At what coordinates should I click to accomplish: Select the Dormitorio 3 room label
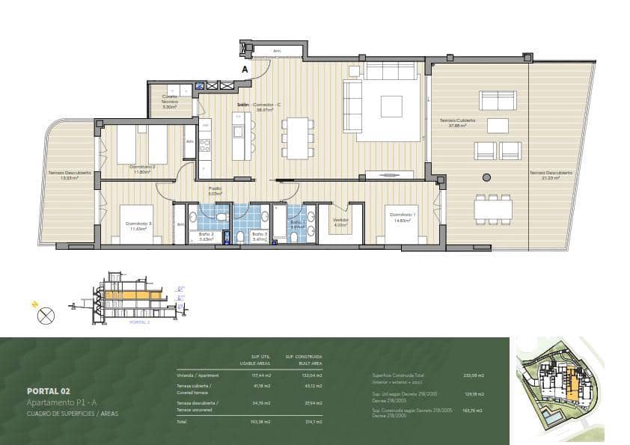point(139,224)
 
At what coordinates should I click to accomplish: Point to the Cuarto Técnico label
point(170,103)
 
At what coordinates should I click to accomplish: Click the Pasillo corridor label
point(215,191)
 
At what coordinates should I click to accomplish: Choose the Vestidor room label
point(340,221)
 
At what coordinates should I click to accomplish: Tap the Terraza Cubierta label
point(453,123)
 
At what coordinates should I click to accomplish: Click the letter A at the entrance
point(244,70)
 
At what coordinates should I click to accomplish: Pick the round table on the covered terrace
point(486,177)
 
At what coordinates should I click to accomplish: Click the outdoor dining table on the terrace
point(493,208)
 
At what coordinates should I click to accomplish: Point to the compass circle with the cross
point(46,316)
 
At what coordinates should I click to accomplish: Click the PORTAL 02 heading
point(48,390)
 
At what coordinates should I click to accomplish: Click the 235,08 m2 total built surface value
point(474,375)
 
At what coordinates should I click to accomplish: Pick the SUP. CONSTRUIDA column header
point(303,357)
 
